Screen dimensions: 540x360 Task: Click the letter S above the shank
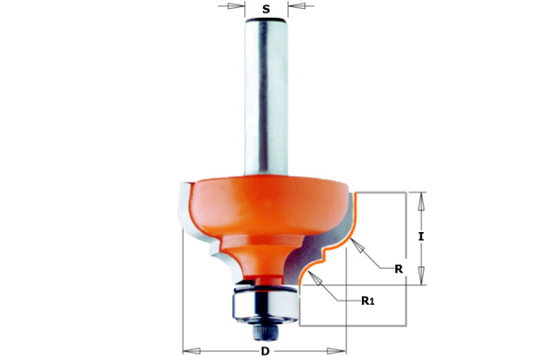click(x=265, y=9)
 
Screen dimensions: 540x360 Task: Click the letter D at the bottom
click(x=265, y=351)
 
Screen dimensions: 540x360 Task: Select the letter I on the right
click(x=421, y=237)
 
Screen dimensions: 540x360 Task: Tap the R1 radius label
click(x=367, y=301)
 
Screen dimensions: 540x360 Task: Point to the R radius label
click(x=399, y=269)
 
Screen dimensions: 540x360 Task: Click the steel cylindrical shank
click(x=266, y=97)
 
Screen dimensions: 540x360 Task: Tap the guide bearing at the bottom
click(x=265, y=304)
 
